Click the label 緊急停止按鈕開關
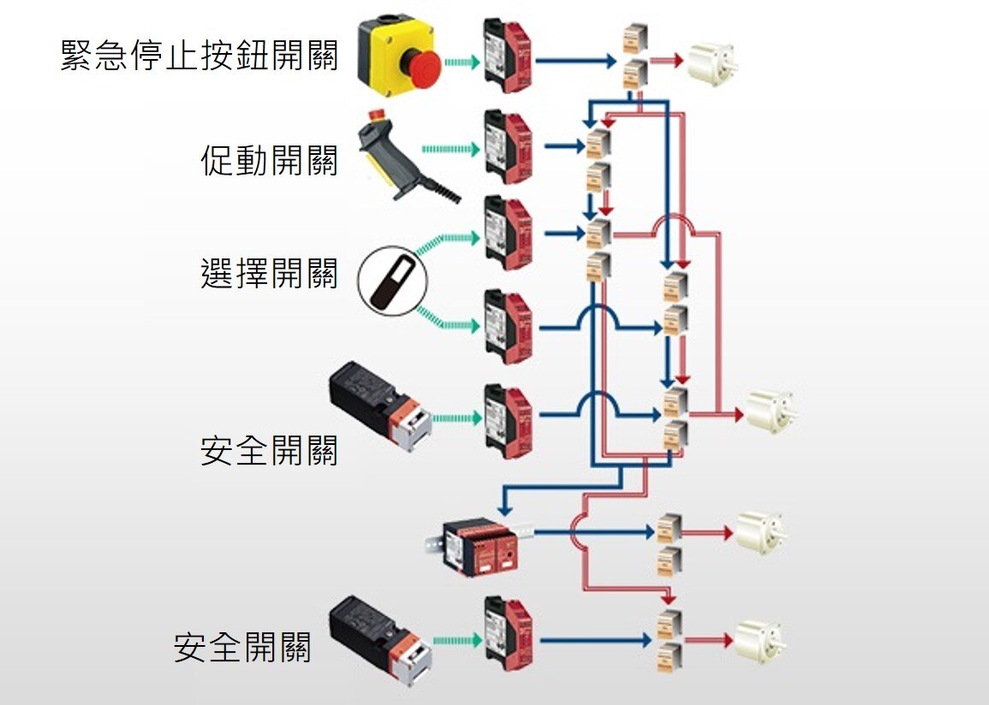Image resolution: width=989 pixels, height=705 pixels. (x=200, y=56)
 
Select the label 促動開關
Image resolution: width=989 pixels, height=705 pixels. (x=270, y=160)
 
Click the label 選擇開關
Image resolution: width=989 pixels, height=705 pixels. (x=270, y=272)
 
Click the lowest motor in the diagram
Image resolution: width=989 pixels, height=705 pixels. (x=758, y=640)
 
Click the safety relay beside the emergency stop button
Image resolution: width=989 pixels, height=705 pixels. (x=508, y=55)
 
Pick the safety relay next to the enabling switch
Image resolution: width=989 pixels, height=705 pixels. (x=508, y=146)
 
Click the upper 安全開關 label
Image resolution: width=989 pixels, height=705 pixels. (x=270, y=450)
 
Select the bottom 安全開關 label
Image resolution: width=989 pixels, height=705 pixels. (x=242, y=647)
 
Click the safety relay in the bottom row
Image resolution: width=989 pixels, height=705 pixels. (x=508, y=632)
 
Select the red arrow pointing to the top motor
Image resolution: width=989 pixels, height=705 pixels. (x=665, y=61)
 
